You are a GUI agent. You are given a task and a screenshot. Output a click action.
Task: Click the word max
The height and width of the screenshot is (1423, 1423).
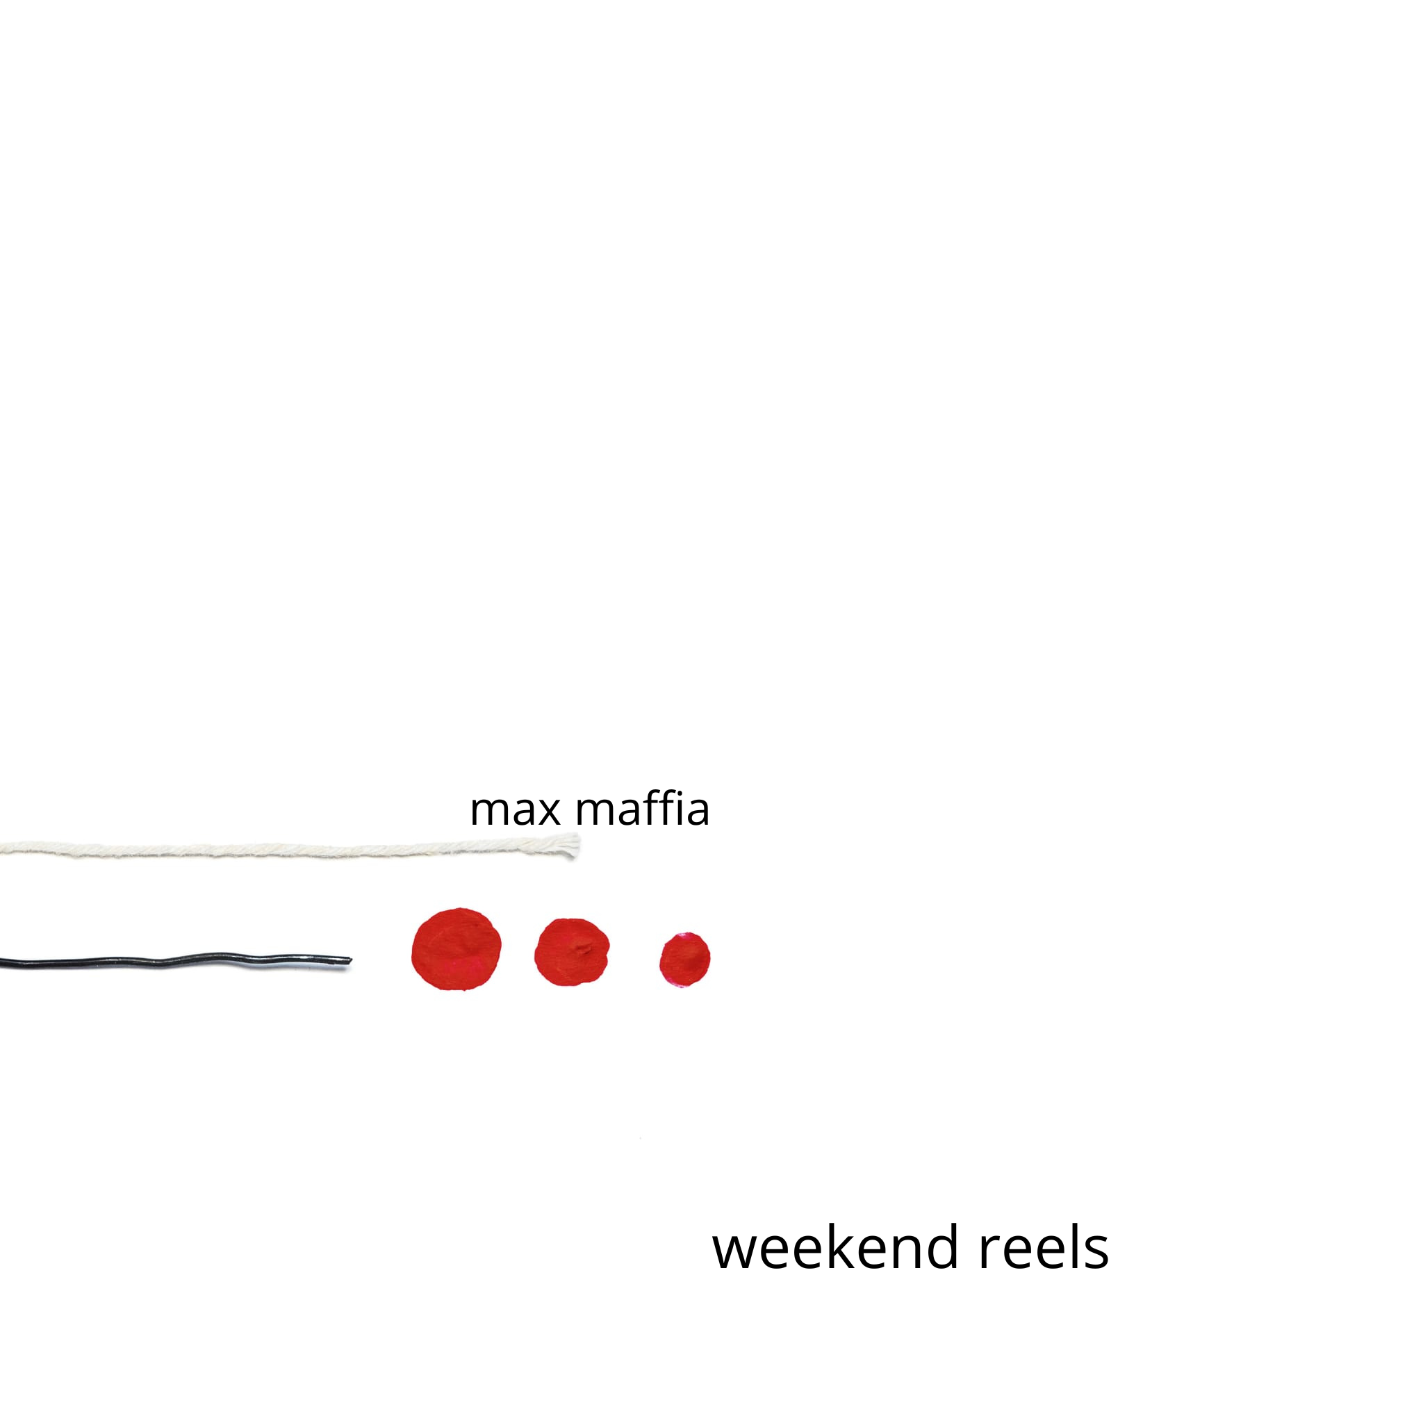[x=515, y=812]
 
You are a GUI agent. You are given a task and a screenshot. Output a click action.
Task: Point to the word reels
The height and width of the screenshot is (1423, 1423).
[x=1044, y=1248]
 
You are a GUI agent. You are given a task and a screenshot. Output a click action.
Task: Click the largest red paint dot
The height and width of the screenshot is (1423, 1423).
[x=456, y=949]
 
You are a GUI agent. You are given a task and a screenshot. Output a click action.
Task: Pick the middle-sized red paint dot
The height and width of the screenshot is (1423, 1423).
[x=573, y=952]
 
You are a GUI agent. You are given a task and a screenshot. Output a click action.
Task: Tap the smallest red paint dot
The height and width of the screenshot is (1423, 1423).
[x=685, y=960]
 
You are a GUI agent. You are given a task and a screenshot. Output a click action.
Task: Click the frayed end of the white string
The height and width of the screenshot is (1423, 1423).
[x=573, y=846]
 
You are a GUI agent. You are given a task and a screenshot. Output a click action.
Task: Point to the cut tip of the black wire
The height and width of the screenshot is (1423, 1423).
[x=351, y=961]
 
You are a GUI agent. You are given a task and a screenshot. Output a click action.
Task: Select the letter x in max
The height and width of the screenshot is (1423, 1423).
[x=548, y=812]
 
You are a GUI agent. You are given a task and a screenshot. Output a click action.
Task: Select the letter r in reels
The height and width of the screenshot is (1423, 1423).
[x=991, y=1252]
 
